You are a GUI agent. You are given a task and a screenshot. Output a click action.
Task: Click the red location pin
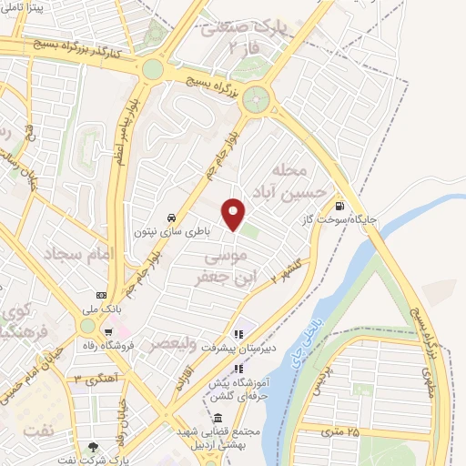coord(235,215)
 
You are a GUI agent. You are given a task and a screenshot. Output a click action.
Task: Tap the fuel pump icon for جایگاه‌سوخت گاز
coord(340,206)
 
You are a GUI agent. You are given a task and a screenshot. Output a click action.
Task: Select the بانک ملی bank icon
coord(101,295)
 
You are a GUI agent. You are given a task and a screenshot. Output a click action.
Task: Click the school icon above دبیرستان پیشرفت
coord(238,332)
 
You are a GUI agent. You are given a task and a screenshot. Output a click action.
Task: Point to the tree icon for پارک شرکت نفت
coord(93,447)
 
